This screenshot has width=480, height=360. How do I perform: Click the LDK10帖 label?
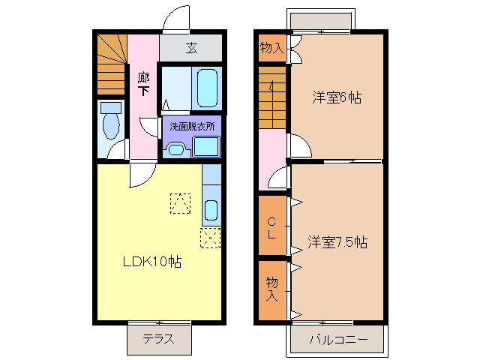coord(152,262)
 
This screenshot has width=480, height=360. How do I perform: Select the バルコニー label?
coord(337,340)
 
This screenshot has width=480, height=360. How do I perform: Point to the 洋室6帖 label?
coord(337,97)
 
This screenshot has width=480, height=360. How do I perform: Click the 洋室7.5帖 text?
coord(337,242)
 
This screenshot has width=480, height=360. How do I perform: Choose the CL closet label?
coord(271,226)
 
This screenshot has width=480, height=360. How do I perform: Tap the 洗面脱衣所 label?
coord(190,125)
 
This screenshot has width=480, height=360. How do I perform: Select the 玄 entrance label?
coord(191,49)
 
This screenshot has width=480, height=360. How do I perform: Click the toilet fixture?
coord(110,122)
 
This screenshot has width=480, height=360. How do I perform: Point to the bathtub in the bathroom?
coord(207,88)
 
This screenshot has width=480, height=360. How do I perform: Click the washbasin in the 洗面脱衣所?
coord(175,148)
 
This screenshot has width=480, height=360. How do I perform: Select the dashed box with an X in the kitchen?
coord(210,239)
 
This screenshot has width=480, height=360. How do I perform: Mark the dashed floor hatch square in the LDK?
coord(180,203)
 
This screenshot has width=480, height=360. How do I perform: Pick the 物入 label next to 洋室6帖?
coord(271,49)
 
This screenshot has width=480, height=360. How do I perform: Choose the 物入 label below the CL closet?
coord(271,288)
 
